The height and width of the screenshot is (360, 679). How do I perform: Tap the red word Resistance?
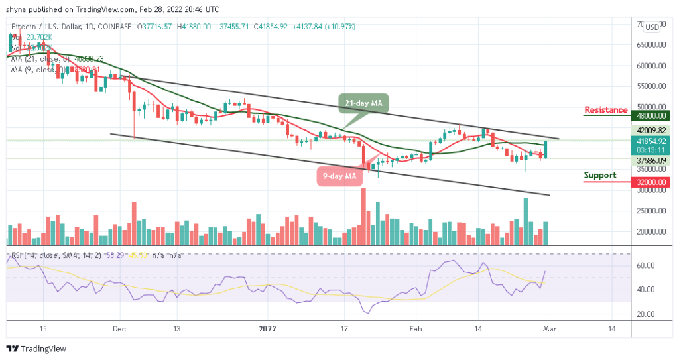[x=605, y=110]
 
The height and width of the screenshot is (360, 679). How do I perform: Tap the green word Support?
[x=599, y=176]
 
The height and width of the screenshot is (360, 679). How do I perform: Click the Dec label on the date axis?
[x=119, y=328]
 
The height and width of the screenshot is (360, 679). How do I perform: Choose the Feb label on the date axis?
[x=415, y=328]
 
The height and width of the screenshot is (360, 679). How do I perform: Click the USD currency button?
[x=652, y=27]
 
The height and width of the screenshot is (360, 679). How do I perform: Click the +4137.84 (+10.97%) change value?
[x=324, y=27]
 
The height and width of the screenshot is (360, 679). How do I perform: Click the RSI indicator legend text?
[x=56, y=254]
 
